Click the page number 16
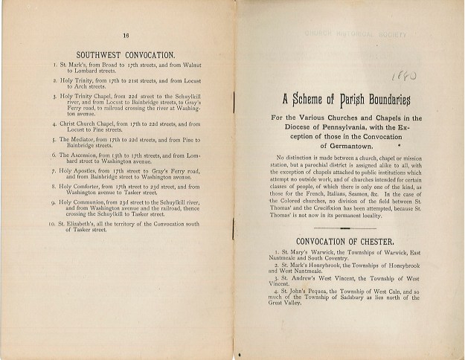point(126,35)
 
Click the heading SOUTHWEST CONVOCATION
point(126,54)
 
